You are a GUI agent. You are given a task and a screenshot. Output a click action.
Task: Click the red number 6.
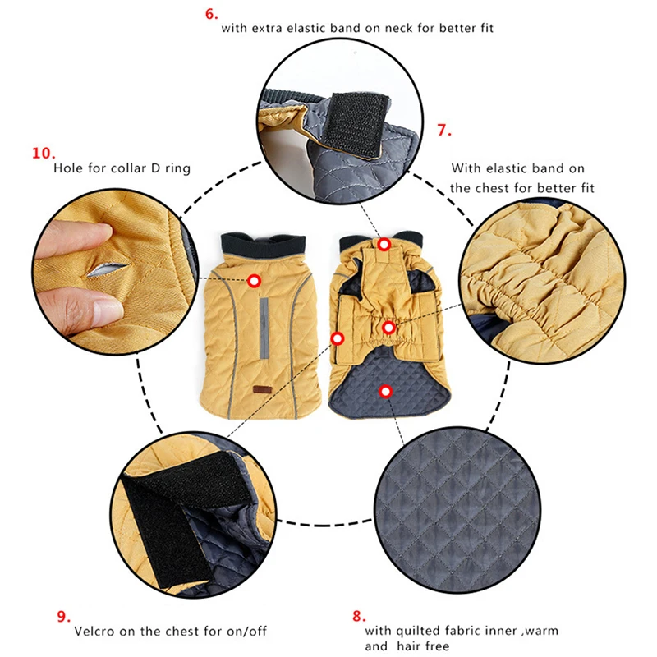pos(211,14)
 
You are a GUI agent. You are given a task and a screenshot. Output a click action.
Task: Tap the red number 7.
pos(443,130)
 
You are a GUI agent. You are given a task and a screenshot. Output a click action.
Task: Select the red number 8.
pos(359,616)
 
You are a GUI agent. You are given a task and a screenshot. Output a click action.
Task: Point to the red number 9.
pos(64,617)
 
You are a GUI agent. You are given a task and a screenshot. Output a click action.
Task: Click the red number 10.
pos(44,153)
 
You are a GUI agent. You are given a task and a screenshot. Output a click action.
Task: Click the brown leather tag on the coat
pos(262,389)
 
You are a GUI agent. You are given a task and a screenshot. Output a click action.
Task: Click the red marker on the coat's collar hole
pos(254,281)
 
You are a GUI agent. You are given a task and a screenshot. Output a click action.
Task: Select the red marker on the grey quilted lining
pos(385,392)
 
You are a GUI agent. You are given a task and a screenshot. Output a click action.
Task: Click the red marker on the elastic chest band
pos(388,328)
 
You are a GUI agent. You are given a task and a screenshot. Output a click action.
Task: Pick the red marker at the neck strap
pos(384,244)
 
